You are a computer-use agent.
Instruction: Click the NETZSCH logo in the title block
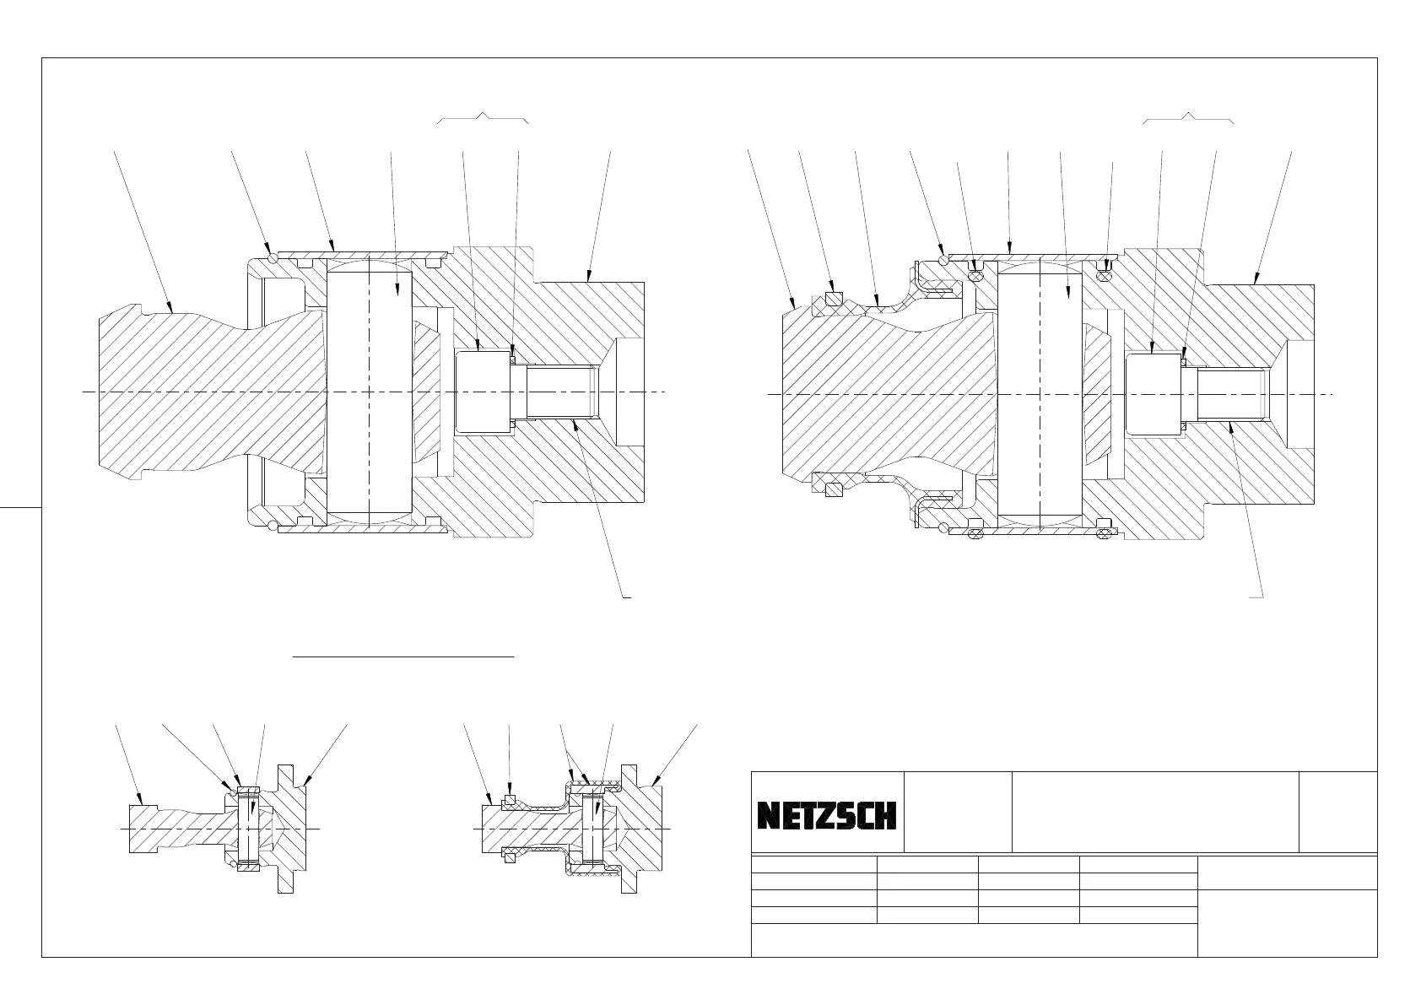[826, 815]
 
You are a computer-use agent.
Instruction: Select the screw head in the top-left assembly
[482, 392]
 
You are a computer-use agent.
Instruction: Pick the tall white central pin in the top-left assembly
[369, 392]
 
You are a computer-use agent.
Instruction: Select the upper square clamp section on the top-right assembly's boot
[834, 297]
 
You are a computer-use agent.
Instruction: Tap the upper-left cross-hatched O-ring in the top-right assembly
[977, 273]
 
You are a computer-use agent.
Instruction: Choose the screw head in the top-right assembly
[1154, 393]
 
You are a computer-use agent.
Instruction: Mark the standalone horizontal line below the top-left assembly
[403, 655]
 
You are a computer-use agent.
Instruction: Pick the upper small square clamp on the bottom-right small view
[509, 799]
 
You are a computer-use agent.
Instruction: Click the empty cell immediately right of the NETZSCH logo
[958, 812]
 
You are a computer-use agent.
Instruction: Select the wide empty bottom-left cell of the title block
[974, 940]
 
